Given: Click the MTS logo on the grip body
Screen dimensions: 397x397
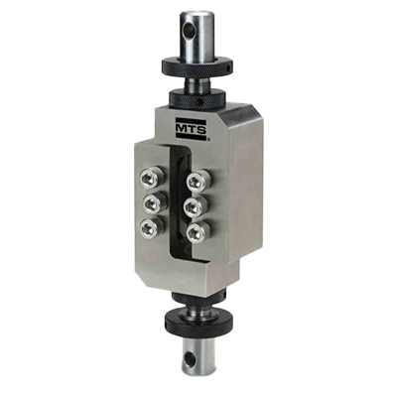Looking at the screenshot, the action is [192, 128].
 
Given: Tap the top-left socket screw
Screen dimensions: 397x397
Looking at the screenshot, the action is [152, 180].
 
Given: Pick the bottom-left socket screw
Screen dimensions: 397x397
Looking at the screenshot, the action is [152, 227].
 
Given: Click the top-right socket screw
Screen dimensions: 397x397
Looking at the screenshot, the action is [198, 181].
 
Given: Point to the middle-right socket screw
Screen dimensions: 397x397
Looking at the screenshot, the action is [196, 206].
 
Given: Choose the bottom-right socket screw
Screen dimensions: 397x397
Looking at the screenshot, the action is [198, 233].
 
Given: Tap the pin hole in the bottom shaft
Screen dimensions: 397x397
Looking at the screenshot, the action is [190, 358].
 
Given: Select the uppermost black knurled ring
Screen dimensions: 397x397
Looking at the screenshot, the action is [198, 67].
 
